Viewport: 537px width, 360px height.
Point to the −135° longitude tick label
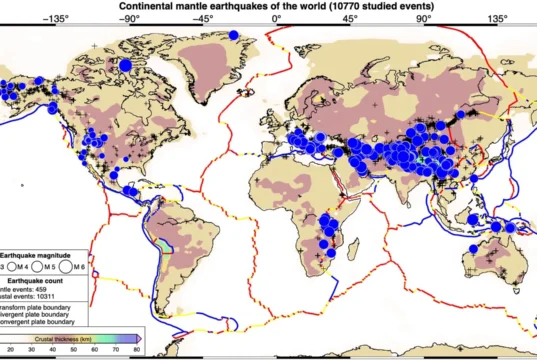pyautogui.click(x=55, y=18)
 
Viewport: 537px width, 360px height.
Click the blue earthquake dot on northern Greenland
pyautogui.click(x=232, y=35)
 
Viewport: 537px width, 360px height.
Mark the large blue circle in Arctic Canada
pyautogui.click(x=126, y=66)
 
